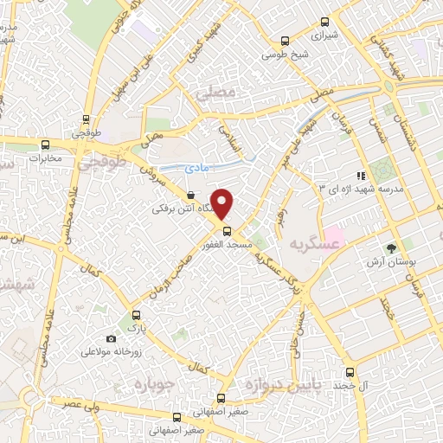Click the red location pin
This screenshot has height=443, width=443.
(222, 203)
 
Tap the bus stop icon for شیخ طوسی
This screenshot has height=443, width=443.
(286, 42)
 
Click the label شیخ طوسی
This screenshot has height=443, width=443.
(286, 57)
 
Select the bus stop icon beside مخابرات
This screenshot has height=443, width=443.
(46, 144)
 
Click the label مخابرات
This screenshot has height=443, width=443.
(46, 158)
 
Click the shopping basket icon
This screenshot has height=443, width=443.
(189, 196)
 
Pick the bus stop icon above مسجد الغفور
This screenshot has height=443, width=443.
(228, 231)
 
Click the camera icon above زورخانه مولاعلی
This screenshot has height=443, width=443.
(111, 338)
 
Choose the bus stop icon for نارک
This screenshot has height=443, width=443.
(134, 315)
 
